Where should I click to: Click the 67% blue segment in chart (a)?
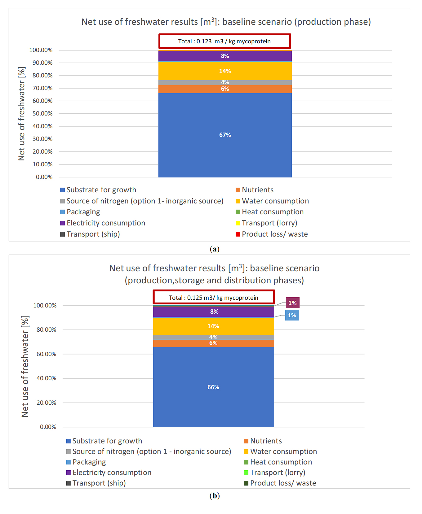[225, 135]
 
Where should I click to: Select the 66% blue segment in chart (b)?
[213, 387]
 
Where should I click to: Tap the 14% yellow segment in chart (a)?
[225, 71]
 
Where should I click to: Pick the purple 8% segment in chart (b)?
[213, 312]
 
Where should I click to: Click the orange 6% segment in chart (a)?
[225, 89]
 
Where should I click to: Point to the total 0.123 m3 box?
[224, 41]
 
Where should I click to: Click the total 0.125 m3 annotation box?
[214, 297]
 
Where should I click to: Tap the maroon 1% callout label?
[292, 303]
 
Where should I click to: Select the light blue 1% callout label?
[292, 315]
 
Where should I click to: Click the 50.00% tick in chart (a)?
[42, 113]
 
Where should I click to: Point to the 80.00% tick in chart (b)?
[47, 330]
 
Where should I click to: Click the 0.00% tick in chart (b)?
[48, 427]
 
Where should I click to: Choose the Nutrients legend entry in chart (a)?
[255, 190]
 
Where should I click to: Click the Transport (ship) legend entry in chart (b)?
[96, 483]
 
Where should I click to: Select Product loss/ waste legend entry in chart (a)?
[272, 234]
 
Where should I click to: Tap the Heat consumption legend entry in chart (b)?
[278, 462]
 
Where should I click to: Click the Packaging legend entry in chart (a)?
[80, 212]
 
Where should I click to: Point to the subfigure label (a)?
[215, 249]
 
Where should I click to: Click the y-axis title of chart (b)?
[25, 366]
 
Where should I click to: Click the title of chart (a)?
[226, 22]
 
